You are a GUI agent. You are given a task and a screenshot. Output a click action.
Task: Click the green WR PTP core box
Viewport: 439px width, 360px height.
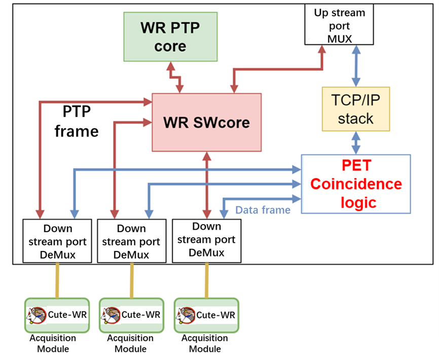click(x=170, y=37)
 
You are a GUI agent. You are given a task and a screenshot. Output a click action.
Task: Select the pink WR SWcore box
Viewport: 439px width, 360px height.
click(x=206, y=122)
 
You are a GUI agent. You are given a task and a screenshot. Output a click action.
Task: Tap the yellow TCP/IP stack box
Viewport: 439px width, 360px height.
click(x=356, y=109)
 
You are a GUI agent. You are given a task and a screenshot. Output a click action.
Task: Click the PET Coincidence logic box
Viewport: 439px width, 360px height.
click(x=355, y=184)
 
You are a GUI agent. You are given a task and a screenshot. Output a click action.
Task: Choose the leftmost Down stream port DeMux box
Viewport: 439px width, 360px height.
click(x=57, y=241)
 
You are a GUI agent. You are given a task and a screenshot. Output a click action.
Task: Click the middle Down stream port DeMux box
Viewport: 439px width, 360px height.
click(x=131, y=241)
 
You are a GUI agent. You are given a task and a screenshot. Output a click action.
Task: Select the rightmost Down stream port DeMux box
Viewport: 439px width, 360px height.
click(x=206, y=240)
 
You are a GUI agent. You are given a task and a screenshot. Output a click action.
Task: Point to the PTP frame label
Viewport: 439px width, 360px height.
click(x=77, y=121)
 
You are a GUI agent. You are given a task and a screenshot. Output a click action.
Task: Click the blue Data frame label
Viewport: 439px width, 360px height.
click(x=263, y=209)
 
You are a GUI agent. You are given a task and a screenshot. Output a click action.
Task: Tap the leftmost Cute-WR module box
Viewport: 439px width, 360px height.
click(x=57, y=315)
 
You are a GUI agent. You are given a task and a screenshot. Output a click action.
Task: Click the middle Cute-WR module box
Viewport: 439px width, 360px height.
click(x=131, y=315)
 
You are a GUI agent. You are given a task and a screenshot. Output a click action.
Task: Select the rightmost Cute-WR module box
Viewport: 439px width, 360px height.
click(x=206, y=315)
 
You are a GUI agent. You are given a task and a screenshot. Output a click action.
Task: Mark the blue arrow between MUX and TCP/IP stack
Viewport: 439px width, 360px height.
click(x=356, y=65)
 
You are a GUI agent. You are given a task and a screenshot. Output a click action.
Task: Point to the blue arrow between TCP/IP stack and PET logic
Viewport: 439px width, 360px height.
click(x=356, y=142)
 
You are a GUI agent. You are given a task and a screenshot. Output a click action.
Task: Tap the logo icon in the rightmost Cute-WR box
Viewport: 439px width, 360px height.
click(x=186, y=315)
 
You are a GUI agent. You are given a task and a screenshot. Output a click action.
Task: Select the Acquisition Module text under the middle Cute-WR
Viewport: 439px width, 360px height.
click(x=131, y=343)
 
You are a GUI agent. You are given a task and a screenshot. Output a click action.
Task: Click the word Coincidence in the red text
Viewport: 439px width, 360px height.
click(x=356, y=184)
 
